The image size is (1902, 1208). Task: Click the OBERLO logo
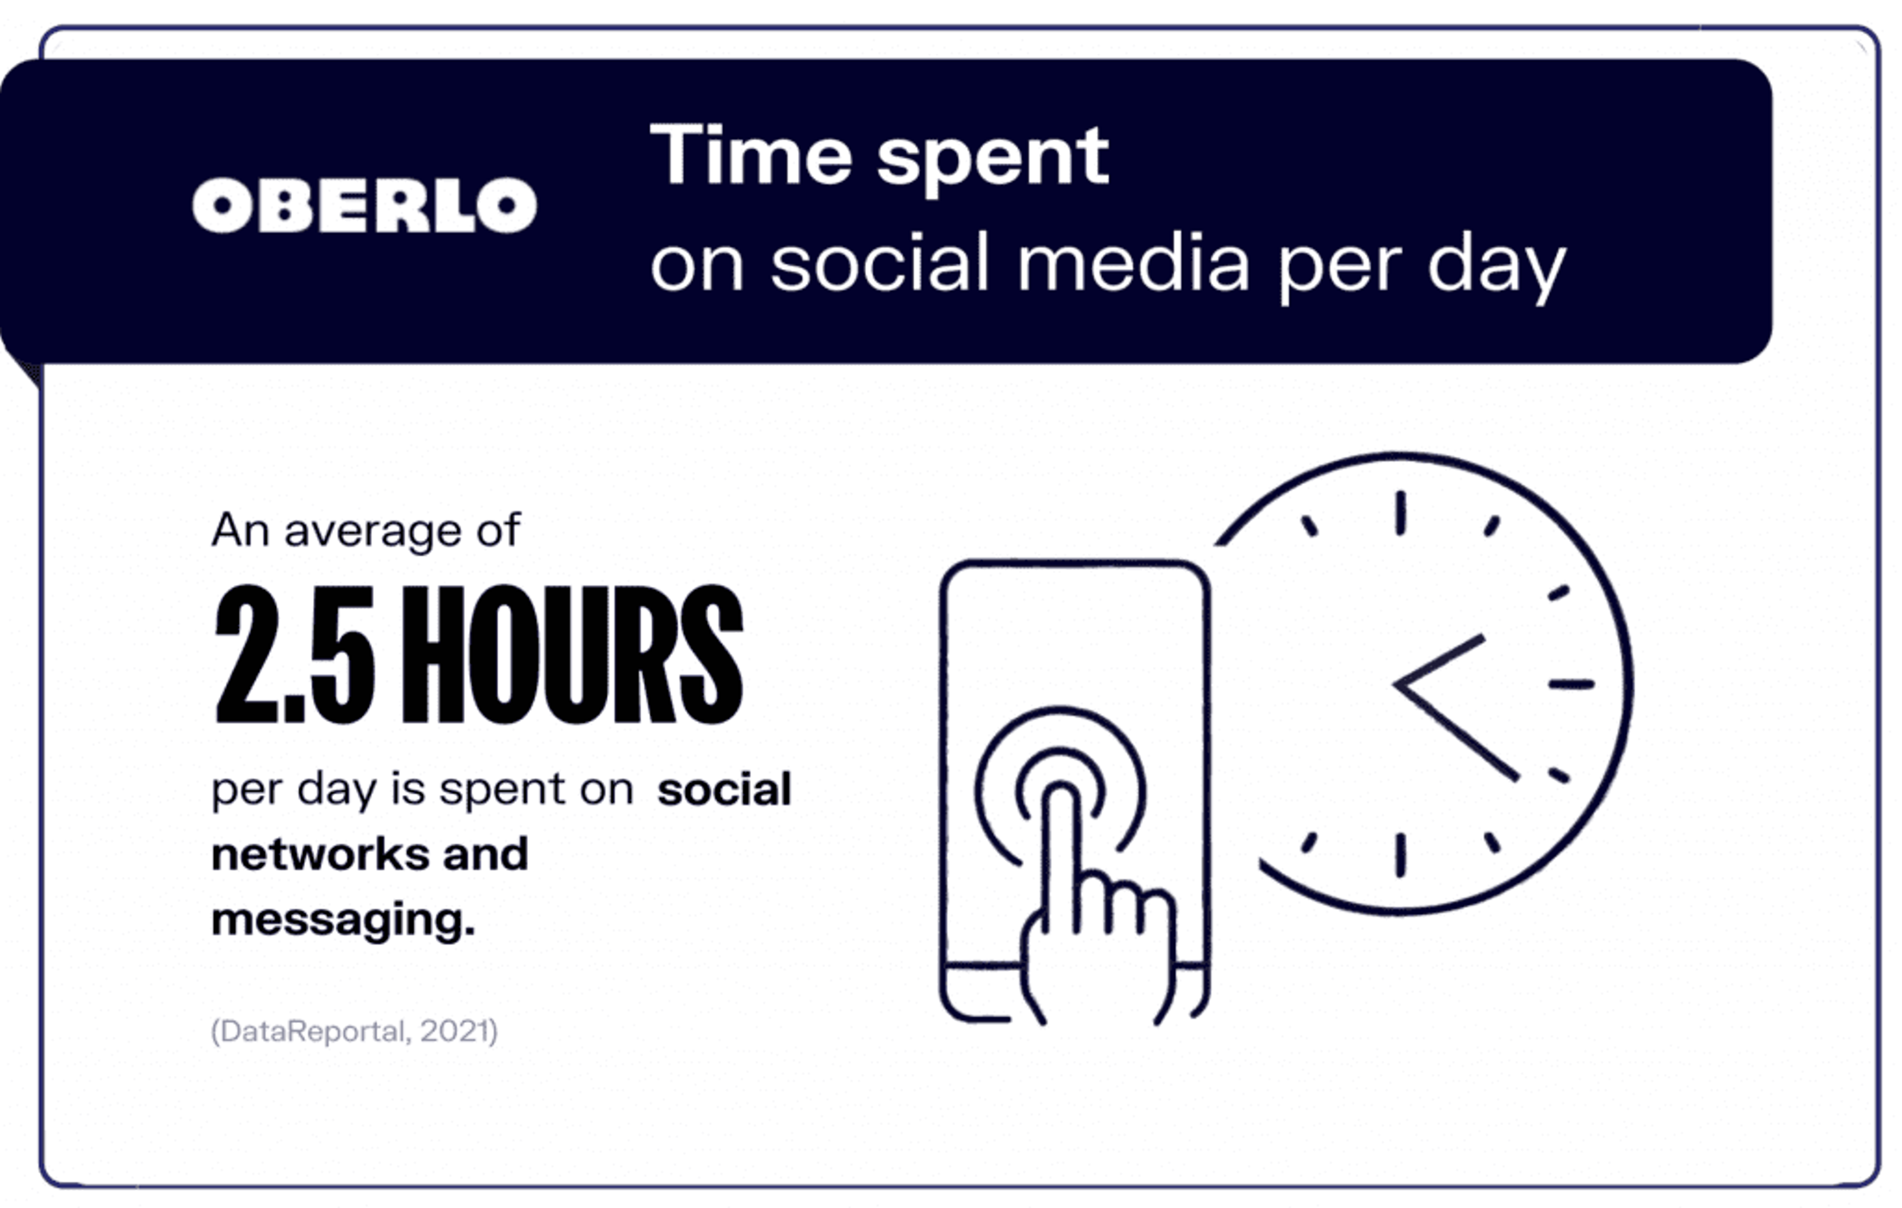pyautogui.click(x=364, y=206)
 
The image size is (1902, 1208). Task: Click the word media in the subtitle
pyautogui.click(x=1133, y=263)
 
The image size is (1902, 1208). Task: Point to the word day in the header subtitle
pyautogui.click(x=1496, y=267)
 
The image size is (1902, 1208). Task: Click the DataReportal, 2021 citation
pyautogui.click(x=354, y=1031)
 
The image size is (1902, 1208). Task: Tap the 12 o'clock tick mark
pyautogui.click(x=1400, y=513)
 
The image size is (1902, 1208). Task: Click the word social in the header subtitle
pyautogui.click(x=880, y=263)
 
